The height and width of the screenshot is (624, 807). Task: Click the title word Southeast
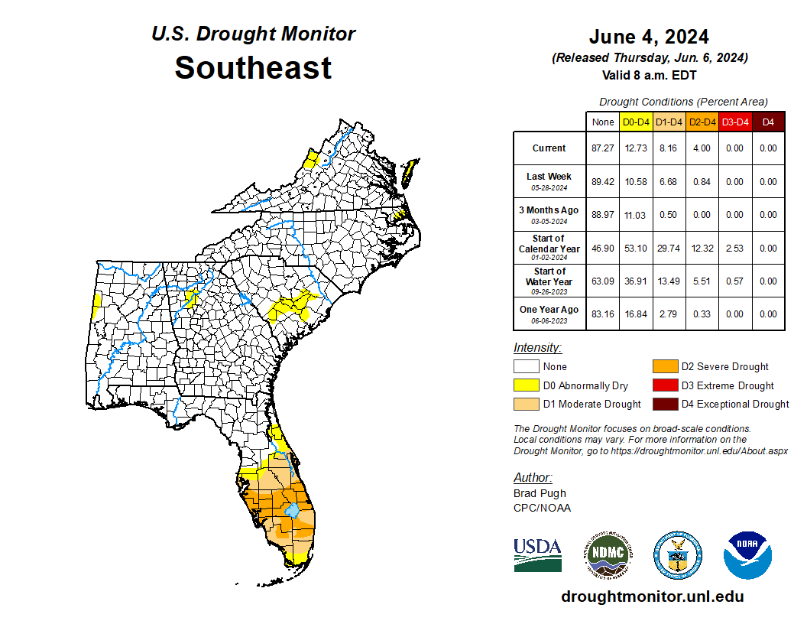pyautogui.click(x=253, y=68)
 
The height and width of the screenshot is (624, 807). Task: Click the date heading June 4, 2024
pyautogui.click(x=649, y=37)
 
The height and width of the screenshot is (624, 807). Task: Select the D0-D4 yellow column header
pyautogui.click(x=637, y=122)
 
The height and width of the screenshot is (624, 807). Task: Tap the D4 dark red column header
pyautogui.click(x=768, y=122)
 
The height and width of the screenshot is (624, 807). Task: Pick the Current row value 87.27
pyautogui.click(x=603, y=148)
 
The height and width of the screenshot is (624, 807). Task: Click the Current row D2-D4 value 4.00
pyautogui.click(x=702, y=148)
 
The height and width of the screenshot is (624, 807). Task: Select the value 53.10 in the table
pyautogui.click(x=637, y=249)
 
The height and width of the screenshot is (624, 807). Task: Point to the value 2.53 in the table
pyautogui.click(x=735, y=249)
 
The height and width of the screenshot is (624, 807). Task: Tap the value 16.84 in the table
pyautogui.click(x=637, y=314)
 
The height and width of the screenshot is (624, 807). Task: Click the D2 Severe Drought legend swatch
pyautogui.click(x=664, y=366)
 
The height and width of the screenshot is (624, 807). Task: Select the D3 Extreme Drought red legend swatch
pyautogui.click(x=664, y=385)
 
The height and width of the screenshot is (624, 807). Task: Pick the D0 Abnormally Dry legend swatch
pyautogui.click(x=526, y=385)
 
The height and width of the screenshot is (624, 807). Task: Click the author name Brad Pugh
pyautogui.click(x=540, y=493)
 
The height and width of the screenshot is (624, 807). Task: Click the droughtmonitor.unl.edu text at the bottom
pyautogui.click(x=652, y=596)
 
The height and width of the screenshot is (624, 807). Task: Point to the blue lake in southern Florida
pyautogui.click(x=291, y=510)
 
